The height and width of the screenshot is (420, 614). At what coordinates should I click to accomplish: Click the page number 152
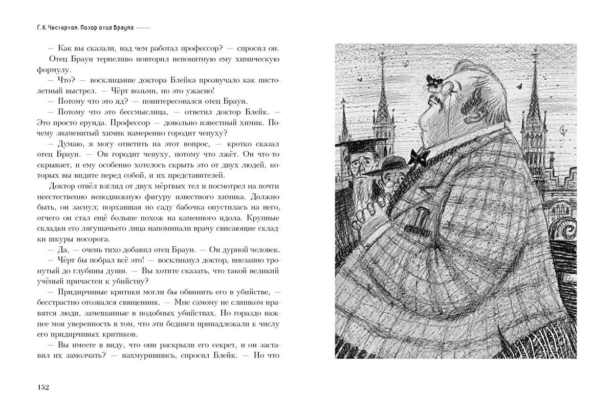tap(42, 387)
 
